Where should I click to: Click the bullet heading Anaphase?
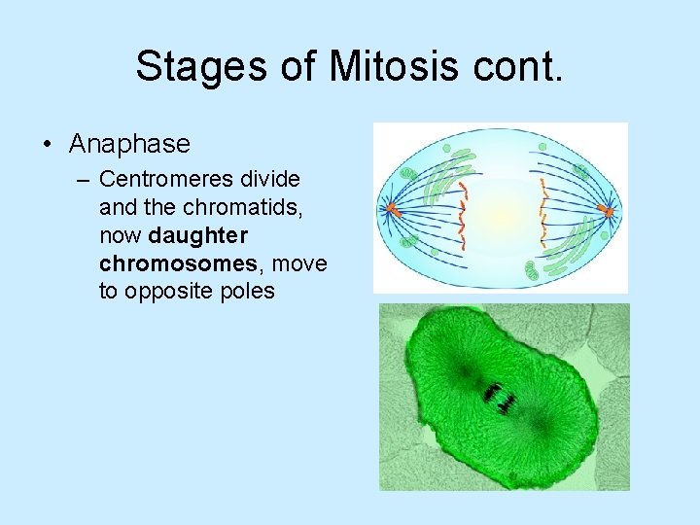point(129,144)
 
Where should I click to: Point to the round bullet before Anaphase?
point(47,145)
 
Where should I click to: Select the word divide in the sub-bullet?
point(273,180)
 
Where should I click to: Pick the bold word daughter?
point(198,235)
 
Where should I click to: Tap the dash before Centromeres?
point(85,180)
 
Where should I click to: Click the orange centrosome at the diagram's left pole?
point(393,208)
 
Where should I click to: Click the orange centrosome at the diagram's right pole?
point(608,209)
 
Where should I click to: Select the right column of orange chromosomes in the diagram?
point(542,209)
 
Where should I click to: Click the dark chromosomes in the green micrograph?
point(499,397)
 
